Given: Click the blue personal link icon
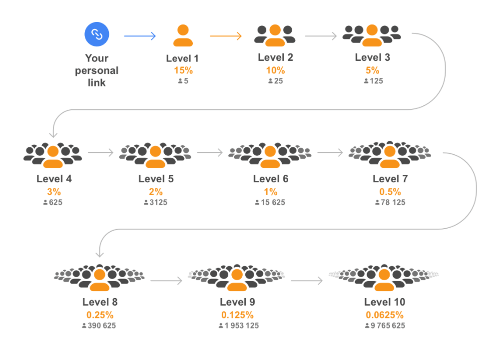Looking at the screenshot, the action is pyautogui.click(x=97, y=34).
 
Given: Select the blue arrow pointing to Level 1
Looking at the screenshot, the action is pyautogui.click(x=140, y=36).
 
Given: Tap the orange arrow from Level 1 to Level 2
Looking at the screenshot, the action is pyautogui.click(x=226, y=36).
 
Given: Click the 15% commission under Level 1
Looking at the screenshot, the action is pyautogui.click(x=183, y=70).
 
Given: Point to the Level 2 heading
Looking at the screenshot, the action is pyautogui.click(x=275, y=57).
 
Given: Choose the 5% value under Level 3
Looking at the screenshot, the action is pyautogui.click(x=372, y=70).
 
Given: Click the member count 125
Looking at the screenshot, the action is pyautogui.click(x=376, y=81).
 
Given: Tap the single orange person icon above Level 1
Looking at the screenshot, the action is pyautogui.click(x=183, y=35).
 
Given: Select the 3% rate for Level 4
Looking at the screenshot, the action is pyautogui.click(x=54, y=192).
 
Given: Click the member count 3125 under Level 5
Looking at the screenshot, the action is pyautogui.click(x=158, y=202).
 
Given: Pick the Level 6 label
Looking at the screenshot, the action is pyautogui.click(x=271, y=179).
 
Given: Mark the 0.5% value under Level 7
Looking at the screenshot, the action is pyautogui.click(x=390, y=192).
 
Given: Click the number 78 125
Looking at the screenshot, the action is pyautogui.click(x=393, y=202).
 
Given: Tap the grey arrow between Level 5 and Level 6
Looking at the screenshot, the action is pyautogui.click(x=210, y=153).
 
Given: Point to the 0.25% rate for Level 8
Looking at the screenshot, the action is pyautogui.click(x=100, y=315).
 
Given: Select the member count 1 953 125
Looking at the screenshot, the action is pyautogui.click(x=242, y=326).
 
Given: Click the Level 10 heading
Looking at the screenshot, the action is pyautogui.click(x=385, y=302).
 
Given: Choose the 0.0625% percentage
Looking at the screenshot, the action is pyautogui.click(x=385, y=315).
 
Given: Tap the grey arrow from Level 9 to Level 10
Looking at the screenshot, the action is pyautogui.click(x=307, y=281).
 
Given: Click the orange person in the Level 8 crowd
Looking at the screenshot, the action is pyautogui.click(x=99, y=280).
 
